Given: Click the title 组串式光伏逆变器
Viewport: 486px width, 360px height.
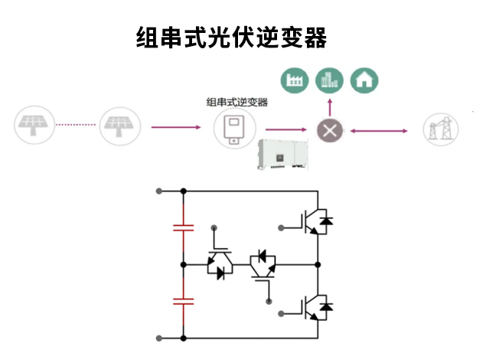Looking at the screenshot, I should coord(231,36).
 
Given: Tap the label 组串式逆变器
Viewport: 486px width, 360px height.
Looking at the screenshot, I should coord(237,102).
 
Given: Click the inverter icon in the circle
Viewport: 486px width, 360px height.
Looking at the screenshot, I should coord(234,128).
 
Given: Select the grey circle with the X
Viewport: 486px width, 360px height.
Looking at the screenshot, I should coord(330,131).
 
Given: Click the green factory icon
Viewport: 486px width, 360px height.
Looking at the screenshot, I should coord(295,79).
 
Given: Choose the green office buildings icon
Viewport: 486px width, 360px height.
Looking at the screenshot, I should coord(330,79).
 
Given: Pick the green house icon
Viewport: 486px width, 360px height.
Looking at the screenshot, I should coord(364,79).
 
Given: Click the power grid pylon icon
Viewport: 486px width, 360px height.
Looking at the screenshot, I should coord(442,129).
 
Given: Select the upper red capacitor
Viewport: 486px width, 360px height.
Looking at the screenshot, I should coord(183,227).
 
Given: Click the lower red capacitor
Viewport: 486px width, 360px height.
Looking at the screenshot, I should coord(183,301).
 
